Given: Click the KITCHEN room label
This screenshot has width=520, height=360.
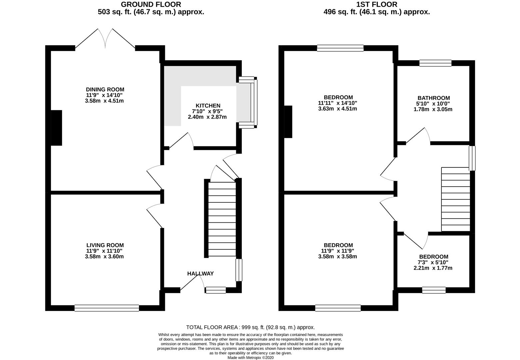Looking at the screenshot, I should tap(208, 106).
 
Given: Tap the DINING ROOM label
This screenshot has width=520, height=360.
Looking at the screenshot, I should tap(105, 89).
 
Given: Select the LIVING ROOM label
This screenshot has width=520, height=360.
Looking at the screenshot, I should tap(105, 245).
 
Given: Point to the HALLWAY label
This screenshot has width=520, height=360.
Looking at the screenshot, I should tap(200, 274).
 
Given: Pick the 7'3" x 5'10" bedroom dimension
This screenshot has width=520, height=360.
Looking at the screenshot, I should tap(433, 262).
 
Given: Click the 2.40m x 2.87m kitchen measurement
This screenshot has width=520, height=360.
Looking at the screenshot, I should tap(207, 117).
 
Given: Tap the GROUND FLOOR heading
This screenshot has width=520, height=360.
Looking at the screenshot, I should tap(151, 4).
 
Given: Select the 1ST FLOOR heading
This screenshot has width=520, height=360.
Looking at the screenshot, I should tap(377, 4).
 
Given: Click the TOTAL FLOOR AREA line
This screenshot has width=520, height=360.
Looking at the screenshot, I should tap(251, 327).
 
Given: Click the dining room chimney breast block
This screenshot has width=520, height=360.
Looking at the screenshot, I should tap(56, 128).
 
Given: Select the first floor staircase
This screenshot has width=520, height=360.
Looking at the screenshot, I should tap(455, 199).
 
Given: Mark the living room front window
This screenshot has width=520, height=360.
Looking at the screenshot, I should tap(107, 308).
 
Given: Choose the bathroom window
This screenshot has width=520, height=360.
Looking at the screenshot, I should tap(435, 63).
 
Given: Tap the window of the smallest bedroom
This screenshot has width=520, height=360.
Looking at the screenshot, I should tap(434, 290).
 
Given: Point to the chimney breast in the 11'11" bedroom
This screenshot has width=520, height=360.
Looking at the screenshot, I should tap(288, 122).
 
